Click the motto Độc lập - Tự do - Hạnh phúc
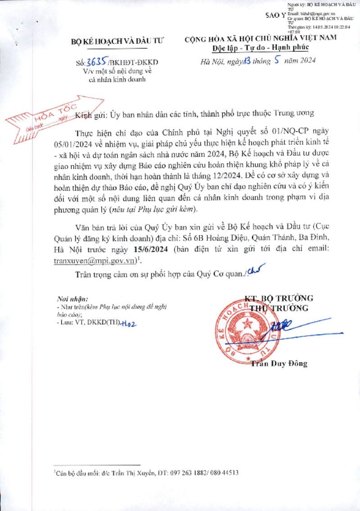pos(260,48)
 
